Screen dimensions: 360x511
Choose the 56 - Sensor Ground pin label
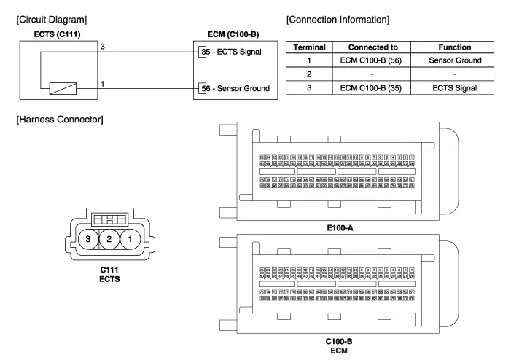[x=231, y=88]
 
